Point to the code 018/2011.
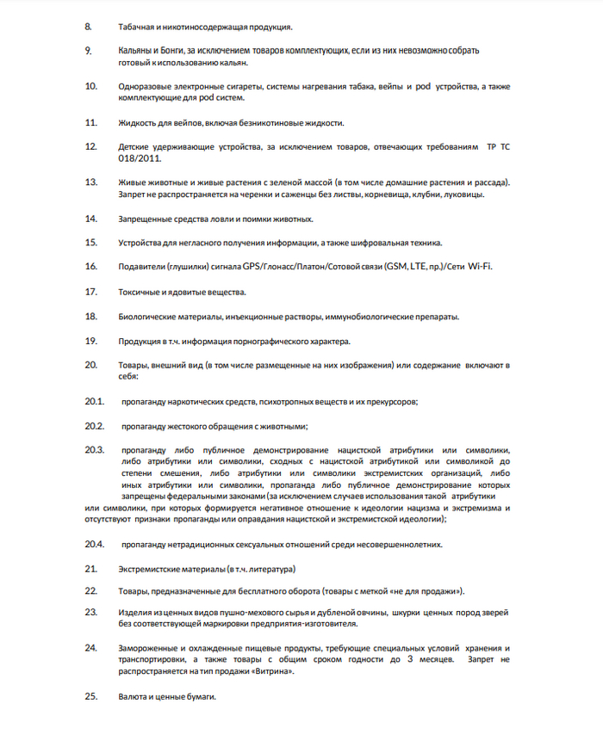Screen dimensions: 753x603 pos(139,157)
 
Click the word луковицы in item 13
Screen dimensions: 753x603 pos(463,194)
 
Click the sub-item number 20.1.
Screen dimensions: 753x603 pos(94,401)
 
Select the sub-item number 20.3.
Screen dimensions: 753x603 pos(94,450)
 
